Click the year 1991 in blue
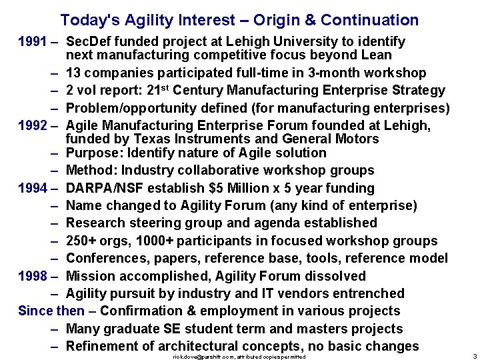click(31, 41)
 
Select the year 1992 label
click(31, 125)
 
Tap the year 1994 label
click(31, 189)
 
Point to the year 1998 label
click(31, 276)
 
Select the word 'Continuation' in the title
click(359, 21)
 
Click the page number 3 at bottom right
click(473, 357)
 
